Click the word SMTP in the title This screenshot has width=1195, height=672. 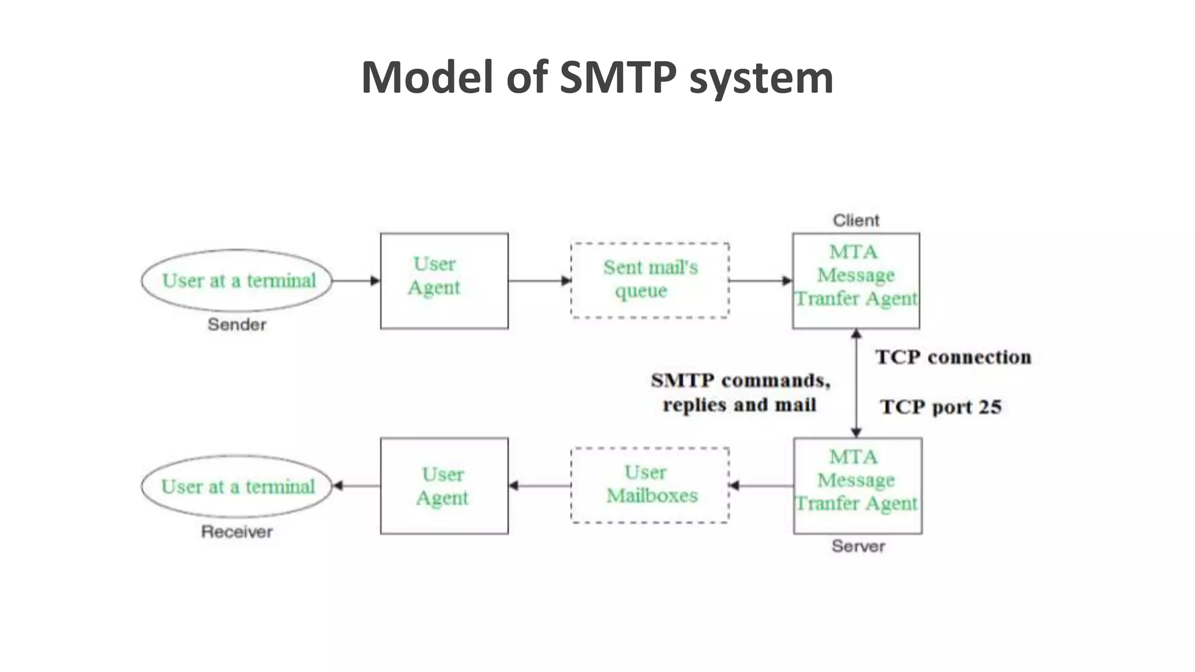point(618,77)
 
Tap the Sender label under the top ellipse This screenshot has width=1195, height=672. point(237,324)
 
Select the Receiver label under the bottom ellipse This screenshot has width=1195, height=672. point(237,531)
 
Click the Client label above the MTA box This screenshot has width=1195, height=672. point(855,220)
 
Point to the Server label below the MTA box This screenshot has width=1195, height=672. point(858,546)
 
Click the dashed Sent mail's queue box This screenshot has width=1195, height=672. point(649,280)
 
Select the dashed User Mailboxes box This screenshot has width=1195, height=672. point(649,485)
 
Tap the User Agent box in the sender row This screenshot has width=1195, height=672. point(444,281)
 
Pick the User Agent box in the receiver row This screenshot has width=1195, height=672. point(444,486)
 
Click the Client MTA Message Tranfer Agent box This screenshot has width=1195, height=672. point(855,281)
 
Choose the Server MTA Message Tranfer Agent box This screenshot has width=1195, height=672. point(857,486)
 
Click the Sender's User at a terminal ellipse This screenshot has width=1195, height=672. point(237,281)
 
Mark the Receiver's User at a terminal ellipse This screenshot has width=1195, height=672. point(237,486)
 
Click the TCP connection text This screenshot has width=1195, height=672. point(953,357)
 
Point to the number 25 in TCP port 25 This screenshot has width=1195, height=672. point(990,407)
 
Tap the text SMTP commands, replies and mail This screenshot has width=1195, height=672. point(740,393)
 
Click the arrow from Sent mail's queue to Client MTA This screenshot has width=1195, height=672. point(760,281)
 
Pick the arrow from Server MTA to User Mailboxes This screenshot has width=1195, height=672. point(761,485)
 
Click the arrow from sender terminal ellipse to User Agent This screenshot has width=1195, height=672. point(356,281)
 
